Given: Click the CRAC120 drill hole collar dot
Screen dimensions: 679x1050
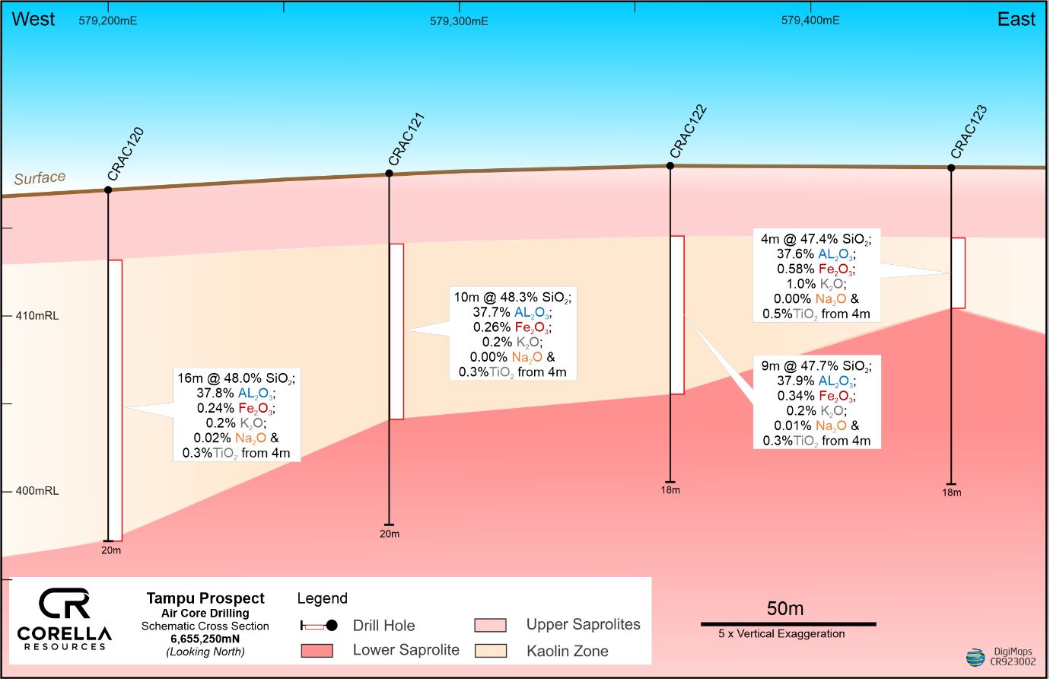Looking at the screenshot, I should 108,190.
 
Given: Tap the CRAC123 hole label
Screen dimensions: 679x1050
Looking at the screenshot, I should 969,132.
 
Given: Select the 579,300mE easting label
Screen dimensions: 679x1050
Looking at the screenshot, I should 459,21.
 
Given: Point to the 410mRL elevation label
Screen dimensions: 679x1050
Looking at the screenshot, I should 37,315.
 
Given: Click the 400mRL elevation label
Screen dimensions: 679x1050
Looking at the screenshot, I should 37,491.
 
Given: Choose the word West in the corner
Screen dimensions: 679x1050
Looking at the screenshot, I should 33,20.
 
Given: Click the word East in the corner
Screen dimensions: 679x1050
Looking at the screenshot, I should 1016,20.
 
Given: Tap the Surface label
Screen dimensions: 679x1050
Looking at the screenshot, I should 40,178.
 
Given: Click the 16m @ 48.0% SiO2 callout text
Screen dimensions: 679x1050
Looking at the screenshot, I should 236,378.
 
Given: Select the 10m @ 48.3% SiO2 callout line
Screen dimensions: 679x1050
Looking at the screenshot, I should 512,297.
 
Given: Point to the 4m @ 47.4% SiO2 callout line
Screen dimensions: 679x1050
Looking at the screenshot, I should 816,239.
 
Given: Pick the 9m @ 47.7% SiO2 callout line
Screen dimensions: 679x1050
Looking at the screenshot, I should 816,366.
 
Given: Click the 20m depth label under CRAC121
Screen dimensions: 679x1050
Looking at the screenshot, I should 390,534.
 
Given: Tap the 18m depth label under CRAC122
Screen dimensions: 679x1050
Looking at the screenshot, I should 670,490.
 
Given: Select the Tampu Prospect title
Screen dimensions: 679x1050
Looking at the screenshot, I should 205,598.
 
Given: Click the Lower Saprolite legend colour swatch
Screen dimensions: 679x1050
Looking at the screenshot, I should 317,650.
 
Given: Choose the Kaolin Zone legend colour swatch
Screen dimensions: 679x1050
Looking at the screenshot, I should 490,651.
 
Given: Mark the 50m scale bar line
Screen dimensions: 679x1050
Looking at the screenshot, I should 787,624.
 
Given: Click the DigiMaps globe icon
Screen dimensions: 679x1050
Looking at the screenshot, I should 975,657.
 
